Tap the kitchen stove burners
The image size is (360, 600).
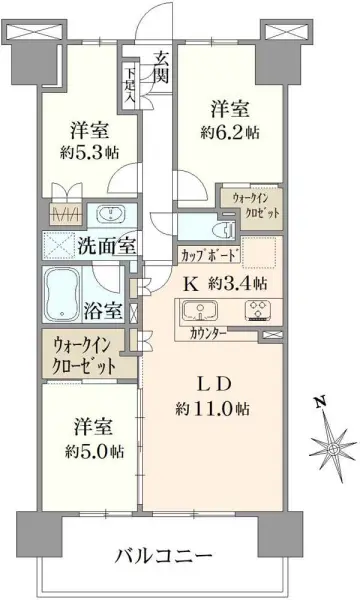click(268, 311)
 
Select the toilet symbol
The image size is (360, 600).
click(221, 229)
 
